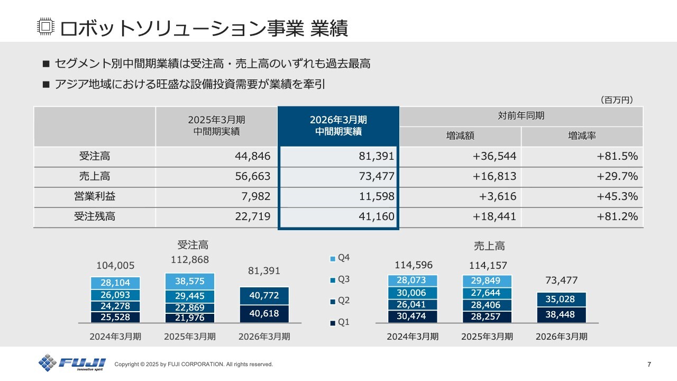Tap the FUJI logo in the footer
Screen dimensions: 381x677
[72, 363]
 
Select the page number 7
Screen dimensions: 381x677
[649, 364]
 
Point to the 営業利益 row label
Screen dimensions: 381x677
[95, 196]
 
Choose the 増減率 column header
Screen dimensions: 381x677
[582, 136]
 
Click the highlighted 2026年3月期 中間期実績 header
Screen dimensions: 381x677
[338, 125]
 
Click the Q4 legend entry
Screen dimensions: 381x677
[340, 258]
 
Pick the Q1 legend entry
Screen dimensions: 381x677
[340, 322]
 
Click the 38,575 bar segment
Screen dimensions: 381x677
[190, 281]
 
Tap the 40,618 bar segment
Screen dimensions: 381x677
[264, 314]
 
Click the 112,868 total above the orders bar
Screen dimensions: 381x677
[190, 260]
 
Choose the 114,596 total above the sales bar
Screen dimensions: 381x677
[414, 265]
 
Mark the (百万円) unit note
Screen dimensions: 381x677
[617, 99]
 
